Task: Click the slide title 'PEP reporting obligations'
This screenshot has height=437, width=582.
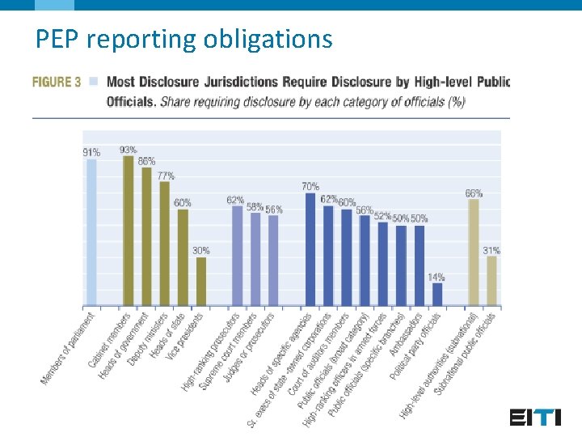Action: click(183, 39)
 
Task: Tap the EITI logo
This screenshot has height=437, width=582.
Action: click(535, 418)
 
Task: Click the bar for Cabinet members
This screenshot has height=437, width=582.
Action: click(128, 231)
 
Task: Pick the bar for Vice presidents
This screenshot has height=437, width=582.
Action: click(201, 281)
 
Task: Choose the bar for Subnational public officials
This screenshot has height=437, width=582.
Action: click(491, 280)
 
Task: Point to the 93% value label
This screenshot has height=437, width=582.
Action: click(128, 150)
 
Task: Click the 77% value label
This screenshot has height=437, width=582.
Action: click(166, 176)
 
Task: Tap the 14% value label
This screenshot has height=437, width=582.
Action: click(436, 277)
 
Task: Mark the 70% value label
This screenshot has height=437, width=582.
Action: click(310, 187)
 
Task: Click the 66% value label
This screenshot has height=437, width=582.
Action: click(474, 193)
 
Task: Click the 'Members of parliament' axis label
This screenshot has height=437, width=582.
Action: click(69, 348)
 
